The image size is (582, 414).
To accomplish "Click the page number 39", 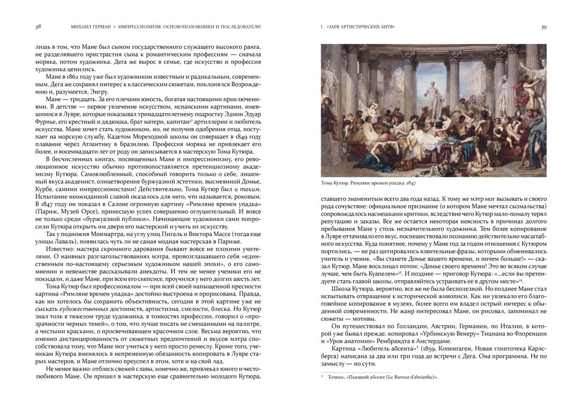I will pyautogui.click(x=543, y=27).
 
